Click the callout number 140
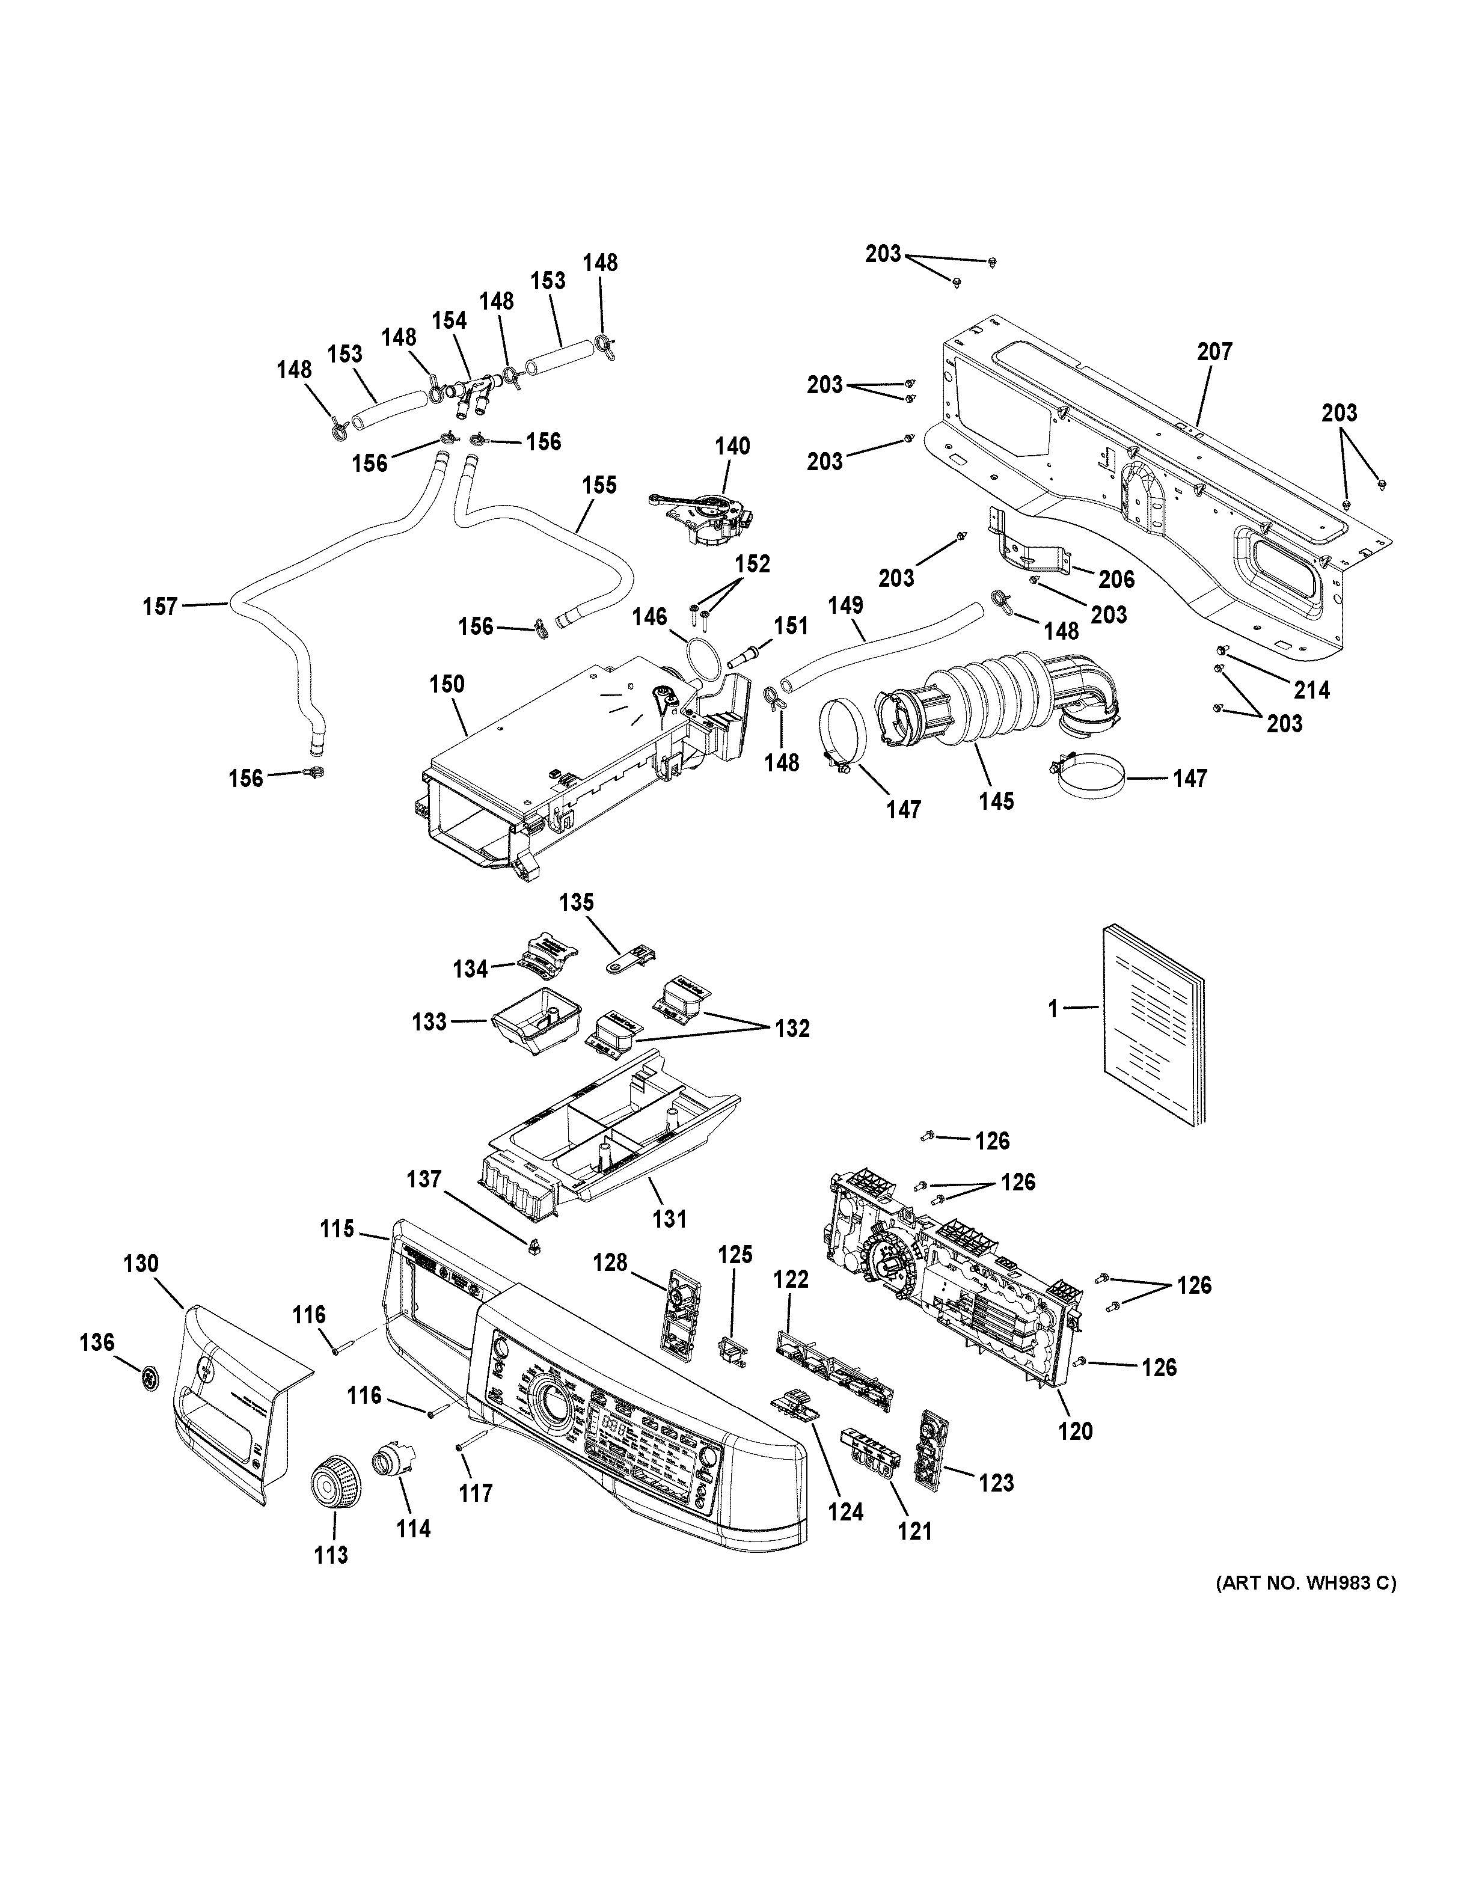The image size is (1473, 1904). tap(732, 446)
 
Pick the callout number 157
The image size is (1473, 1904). tap(161, 606)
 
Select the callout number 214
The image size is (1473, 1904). tap(1311, 690)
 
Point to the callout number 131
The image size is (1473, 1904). tap(669, 1219)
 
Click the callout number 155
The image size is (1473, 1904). tap(599, 485)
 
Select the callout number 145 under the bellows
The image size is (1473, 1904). tap(996, 800)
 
